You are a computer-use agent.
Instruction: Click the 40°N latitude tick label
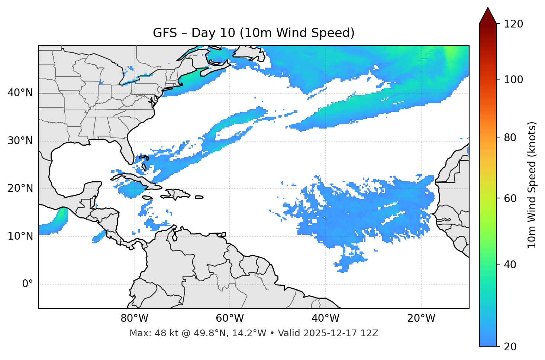pyautogui.click(x=20, y=93)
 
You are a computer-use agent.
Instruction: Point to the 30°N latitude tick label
pyautogui.click(x=20, y=141)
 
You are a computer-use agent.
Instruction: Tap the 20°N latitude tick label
pyautogui.click(x=20, y=188)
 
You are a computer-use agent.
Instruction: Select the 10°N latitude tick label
pyautogui.click(x=20, y=236)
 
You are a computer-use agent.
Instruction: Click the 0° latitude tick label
pyautogui.click(x=28, y=284)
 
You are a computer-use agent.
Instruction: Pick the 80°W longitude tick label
pyautogui.click(x=134, y=318)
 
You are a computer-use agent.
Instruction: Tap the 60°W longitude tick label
pyautogui.click(x=230, y=318)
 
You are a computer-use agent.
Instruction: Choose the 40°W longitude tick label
pyautogui.click(x=325, y=318)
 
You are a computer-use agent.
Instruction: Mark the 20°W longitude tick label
pyautogui.click(x=421, y=318)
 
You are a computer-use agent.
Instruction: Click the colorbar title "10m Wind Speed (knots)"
pyautogui.click(x=532, y=185)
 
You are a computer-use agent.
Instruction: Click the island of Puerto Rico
pyautogui.click(x=199, y=197)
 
